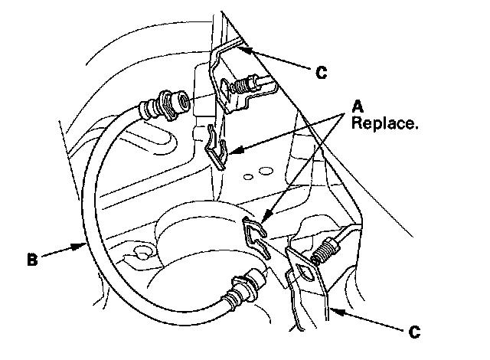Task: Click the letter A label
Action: [x=357, y=105]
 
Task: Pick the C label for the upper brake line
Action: [x=321, y=73]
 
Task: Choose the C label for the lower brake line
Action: [x=413, y=332]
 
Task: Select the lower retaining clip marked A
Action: [x=256, y=234]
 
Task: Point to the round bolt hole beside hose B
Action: [x=140, y=251]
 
